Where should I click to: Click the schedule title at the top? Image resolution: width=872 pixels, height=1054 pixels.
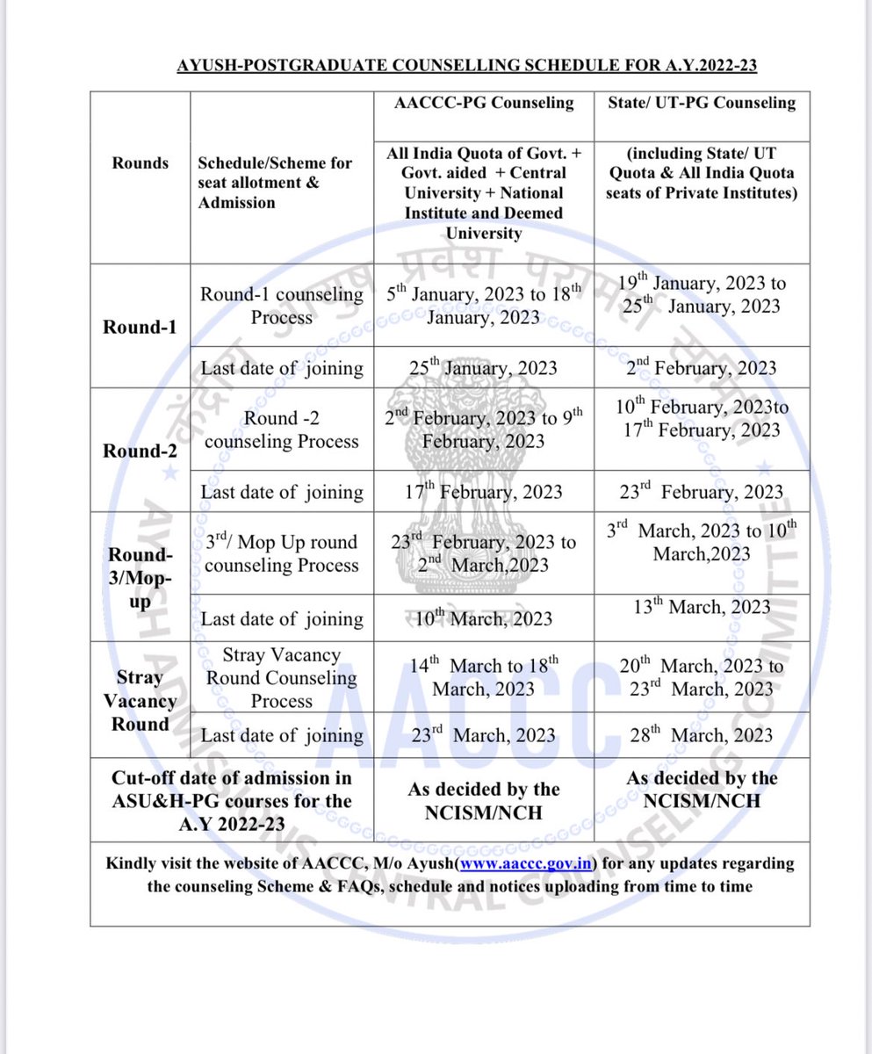point(468,66)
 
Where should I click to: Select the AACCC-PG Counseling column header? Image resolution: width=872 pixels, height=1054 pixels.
point(483,103)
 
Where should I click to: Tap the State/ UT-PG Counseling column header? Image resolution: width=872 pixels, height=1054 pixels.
point(702,103)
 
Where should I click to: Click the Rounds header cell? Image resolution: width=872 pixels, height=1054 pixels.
point(141,162)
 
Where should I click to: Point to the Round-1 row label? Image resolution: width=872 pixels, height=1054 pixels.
point(141,326)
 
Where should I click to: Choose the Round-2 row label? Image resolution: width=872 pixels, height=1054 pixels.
point(141,451)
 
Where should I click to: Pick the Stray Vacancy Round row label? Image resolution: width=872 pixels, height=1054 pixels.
point(141,701)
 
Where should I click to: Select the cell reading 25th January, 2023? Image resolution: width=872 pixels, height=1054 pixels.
point(483,367)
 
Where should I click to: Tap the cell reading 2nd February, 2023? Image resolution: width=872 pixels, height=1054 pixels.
point(702,367)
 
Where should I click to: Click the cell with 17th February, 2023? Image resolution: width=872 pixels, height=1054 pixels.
point(483,492)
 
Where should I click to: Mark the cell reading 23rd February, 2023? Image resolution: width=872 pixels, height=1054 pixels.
point(702,492)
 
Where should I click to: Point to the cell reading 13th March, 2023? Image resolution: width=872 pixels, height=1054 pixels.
point(702,607)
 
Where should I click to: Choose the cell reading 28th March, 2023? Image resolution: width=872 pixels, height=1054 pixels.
point(702,734)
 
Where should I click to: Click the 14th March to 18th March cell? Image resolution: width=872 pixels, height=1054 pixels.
point(483,677)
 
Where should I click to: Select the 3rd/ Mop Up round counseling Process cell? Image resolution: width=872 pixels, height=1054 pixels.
point(281,553)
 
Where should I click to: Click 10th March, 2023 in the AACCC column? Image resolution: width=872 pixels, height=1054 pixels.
point(483,618)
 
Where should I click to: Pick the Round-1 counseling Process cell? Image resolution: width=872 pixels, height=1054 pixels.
point(281,306)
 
